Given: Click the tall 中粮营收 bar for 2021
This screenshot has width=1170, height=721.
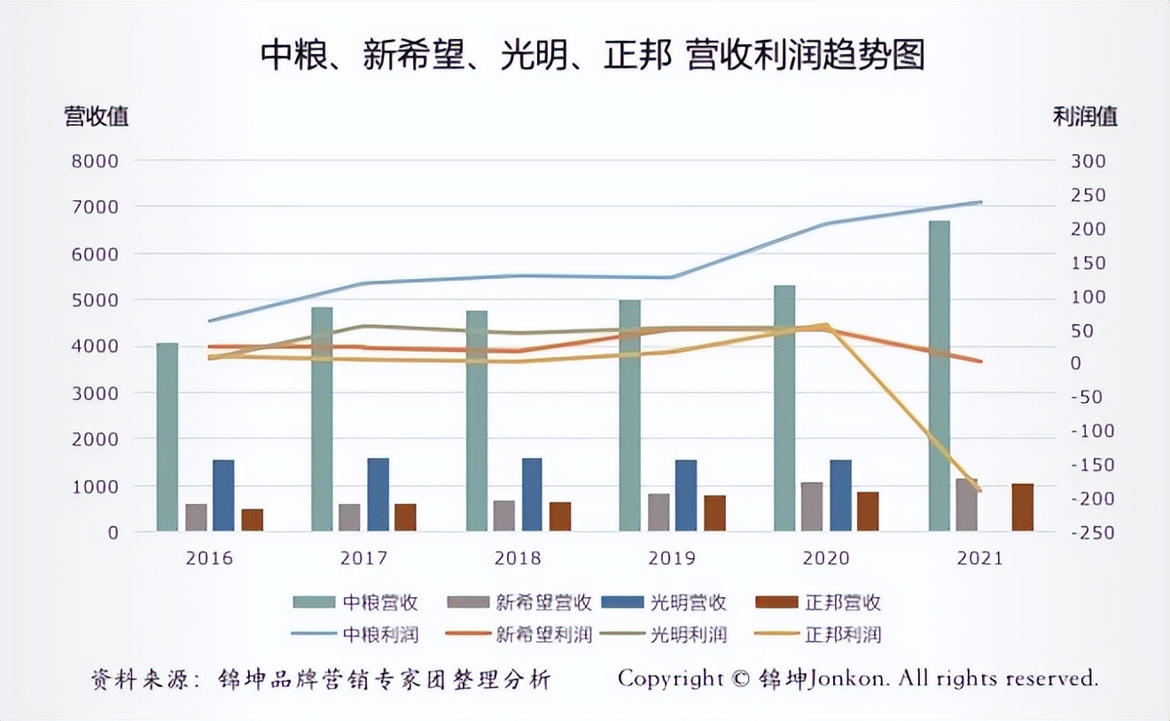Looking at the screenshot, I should pos(940,376).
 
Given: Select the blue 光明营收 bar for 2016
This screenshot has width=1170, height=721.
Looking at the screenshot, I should pos(223,495).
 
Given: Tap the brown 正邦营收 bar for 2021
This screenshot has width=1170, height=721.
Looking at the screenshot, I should pos(1022,508).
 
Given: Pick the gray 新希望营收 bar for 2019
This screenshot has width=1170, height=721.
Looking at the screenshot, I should pos(659,512).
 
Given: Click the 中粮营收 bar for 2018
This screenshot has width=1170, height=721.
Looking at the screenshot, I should pos(476,421).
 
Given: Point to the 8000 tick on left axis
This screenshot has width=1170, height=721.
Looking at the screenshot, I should pos(100,161).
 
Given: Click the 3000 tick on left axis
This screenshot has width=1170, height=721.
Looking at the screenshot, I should pos(100,392).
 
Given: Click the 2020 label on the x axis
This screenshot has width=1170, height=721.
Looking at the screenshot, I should pos(825,559).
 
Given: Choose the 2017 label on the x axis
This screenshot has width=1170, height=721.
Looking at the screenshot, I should pos(363,559).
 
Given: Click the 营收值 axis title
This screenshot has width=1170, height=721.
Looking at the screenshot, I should pos(97,116).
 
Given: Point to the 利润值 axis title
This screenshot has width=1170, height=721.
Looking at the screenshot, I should pos(1085,116).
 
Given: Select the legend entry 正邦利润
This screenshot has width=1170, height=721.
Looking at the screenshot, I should pos(843,634).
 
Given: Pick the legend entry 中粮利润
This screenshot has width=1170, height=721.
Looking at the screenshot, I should pos(380,634).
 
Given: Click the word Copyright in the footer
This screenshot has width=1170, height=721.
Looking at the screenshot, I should pos(671,678).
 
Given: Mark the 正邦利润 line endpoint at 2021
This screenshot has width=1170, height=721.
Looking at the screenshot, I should pos(980,490).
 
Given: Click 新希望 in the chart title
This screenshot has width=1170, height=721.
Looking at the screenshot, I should pos(412,56).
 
